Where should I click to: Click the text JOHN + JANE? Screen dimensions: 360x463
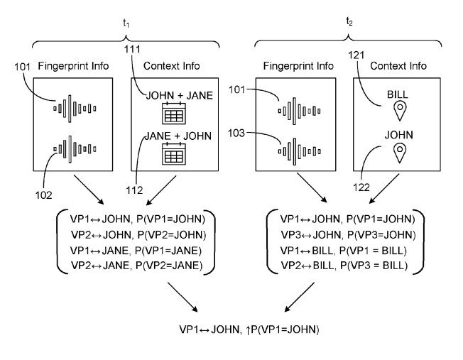pyautogui.click(x=173, y=94)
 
